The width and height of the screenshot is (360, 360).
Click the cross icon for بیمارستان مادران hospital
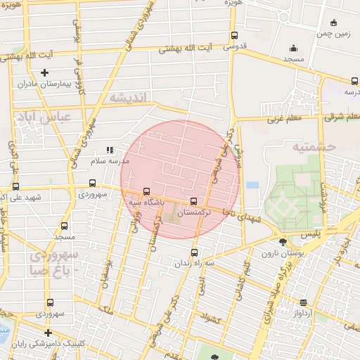point(45,72)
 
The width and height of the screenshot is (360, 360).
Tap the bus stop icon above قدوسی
point(234,36)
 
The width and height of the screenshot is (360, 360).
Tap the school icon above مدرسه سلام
point(109,150)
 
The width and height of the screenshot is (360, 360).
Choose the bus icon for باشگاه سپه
point(146,191)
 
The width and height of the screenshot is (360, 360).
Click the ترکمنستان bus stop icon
point(193,201)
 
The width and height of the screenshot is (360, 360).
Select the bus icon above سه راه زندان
point(194,252)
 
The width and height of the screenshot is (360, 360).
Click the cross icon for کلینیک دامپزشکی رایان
point(48,333)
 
